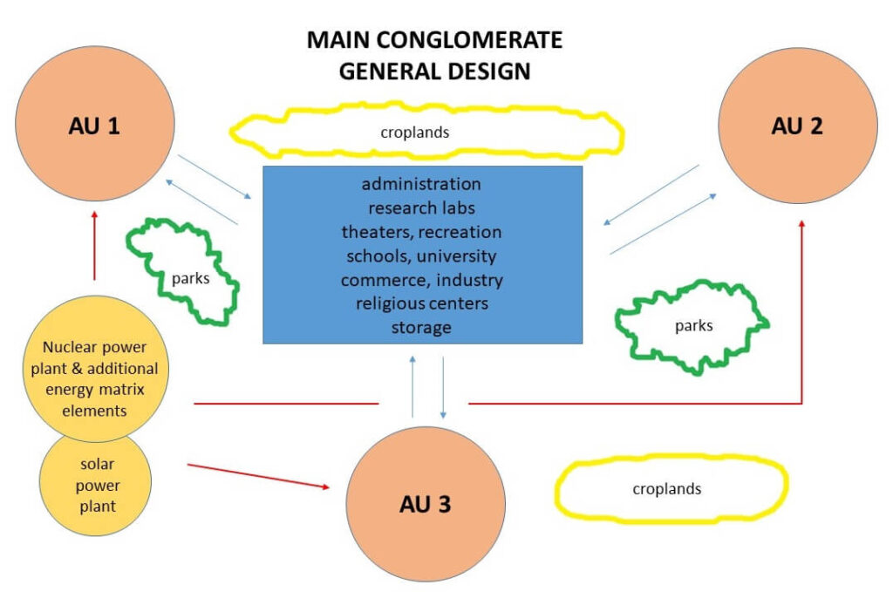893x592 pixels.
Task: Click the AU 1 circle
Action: [93, 127]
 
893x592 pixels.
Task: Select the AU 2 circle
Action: [797, 126]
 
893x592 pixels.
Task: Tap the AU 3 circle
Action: [426, 503]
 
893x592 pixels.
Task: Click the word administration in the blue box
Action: [421, 184]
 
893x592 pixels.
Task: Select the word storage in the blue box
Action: [421, 328]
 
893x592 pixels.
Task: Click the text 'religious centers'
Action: [421, 303]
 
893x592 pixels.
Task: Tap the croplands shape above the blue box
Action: [426, 133]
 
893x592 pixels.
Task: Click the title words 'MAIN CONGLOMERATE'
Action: [434, 40]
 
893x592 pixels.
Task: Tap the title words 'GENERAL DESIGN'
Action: [434, 71]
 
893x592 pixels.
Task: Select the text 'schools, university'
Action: [421, 256]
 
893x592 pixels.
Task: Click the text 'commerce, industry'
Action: [421, 280]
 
